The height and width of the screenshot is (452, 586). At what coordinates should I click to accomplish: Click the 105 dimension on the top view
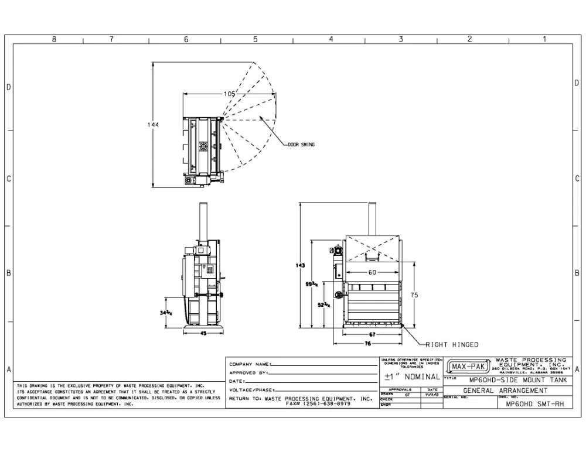[229, 94]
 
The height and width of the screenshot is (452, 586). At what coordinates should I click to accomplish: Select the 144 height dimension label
[154, 125]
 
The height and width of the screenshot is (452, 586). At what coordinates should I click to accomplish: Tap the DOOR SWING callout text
[301, 145]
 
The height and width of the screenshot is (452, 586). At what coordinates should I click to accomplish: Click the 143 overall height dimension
[301, 265]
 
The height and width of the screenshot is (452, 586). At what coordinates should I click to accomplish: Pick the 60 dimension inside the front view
[372, 273]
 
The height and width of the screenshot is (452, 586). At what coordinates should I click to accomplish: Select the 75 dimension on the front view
[414, 296]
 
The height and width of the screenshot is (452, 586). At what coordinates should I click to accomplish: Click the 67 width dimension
[372, 334]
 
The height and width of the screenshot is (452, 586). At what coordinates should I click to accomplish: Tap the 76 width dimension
[367, 344]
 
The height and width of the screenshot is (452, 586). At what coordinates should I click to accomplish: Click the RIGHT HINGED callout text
[452, 345]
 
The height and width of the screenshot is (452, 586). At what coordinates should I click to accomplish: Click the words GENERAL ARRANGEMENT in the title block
[506, 391]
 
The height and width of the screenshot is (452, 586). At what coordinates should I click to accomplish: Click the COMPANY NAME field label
[250, 364]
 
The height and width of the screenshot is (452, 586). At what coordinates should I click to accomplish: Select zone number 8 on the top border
[54, 39]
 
